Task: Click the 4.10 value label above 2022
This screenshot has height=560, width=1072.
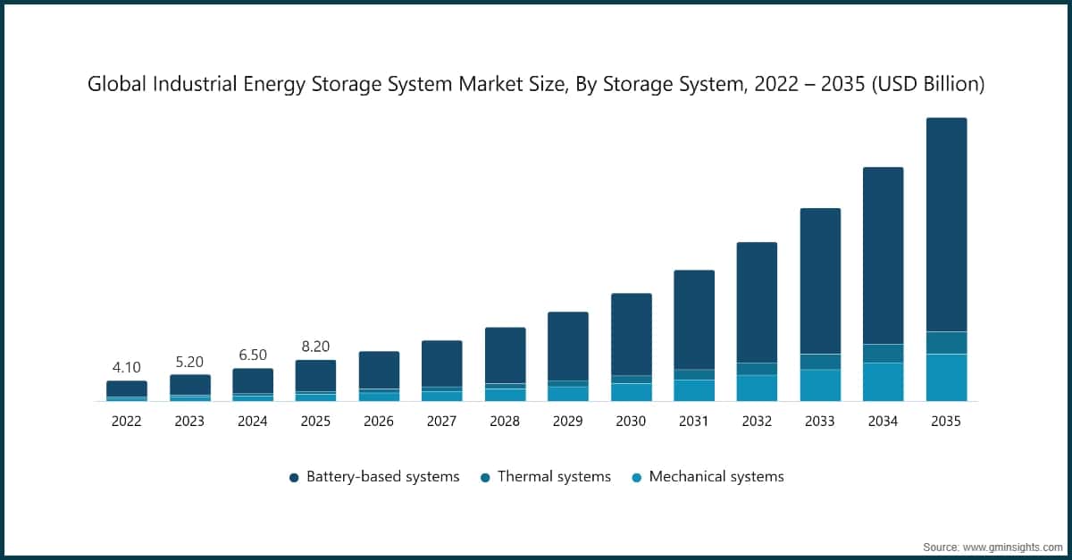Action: click(x=127, y=367)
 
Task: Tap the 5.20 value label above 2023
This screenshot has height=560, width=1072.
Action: click(x=189, y=362)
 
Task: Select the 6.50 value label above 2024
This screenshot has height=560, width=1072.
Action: click(x=253, y=355)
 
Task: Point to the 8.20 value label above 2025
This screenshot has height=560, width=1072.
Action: click(x=315, y=347)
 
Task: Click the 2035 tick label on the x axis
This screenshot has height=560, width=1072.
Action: click(x=946, y=422)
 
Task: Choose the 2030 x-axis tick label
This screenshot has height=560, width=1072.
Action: click(x=631, y=422)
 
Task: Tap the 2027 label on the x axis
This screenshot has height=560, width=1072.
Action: click(x=441, y=422)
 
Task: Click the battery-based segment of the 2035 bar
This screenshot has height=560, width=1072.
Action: click(x=946, y=223)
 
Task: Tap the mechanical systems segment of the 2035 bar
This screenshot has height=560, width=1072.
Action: click(x=946, y=378)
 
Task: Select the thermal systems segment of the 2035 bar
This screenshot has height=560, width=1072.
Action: click(x=946, y=343)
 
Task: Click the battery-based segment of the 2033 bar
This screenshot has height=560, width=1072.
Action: click(x=820, y=280)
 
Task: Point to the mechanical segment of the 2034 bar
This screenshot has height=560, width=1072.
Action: click(x=883, y=381)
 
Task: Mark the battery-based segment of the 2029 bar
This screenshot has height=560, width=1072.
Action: click(x=568, y=346)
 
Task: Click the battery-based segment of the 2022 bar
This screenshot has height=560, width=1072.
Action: click(x=127, y=389)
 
